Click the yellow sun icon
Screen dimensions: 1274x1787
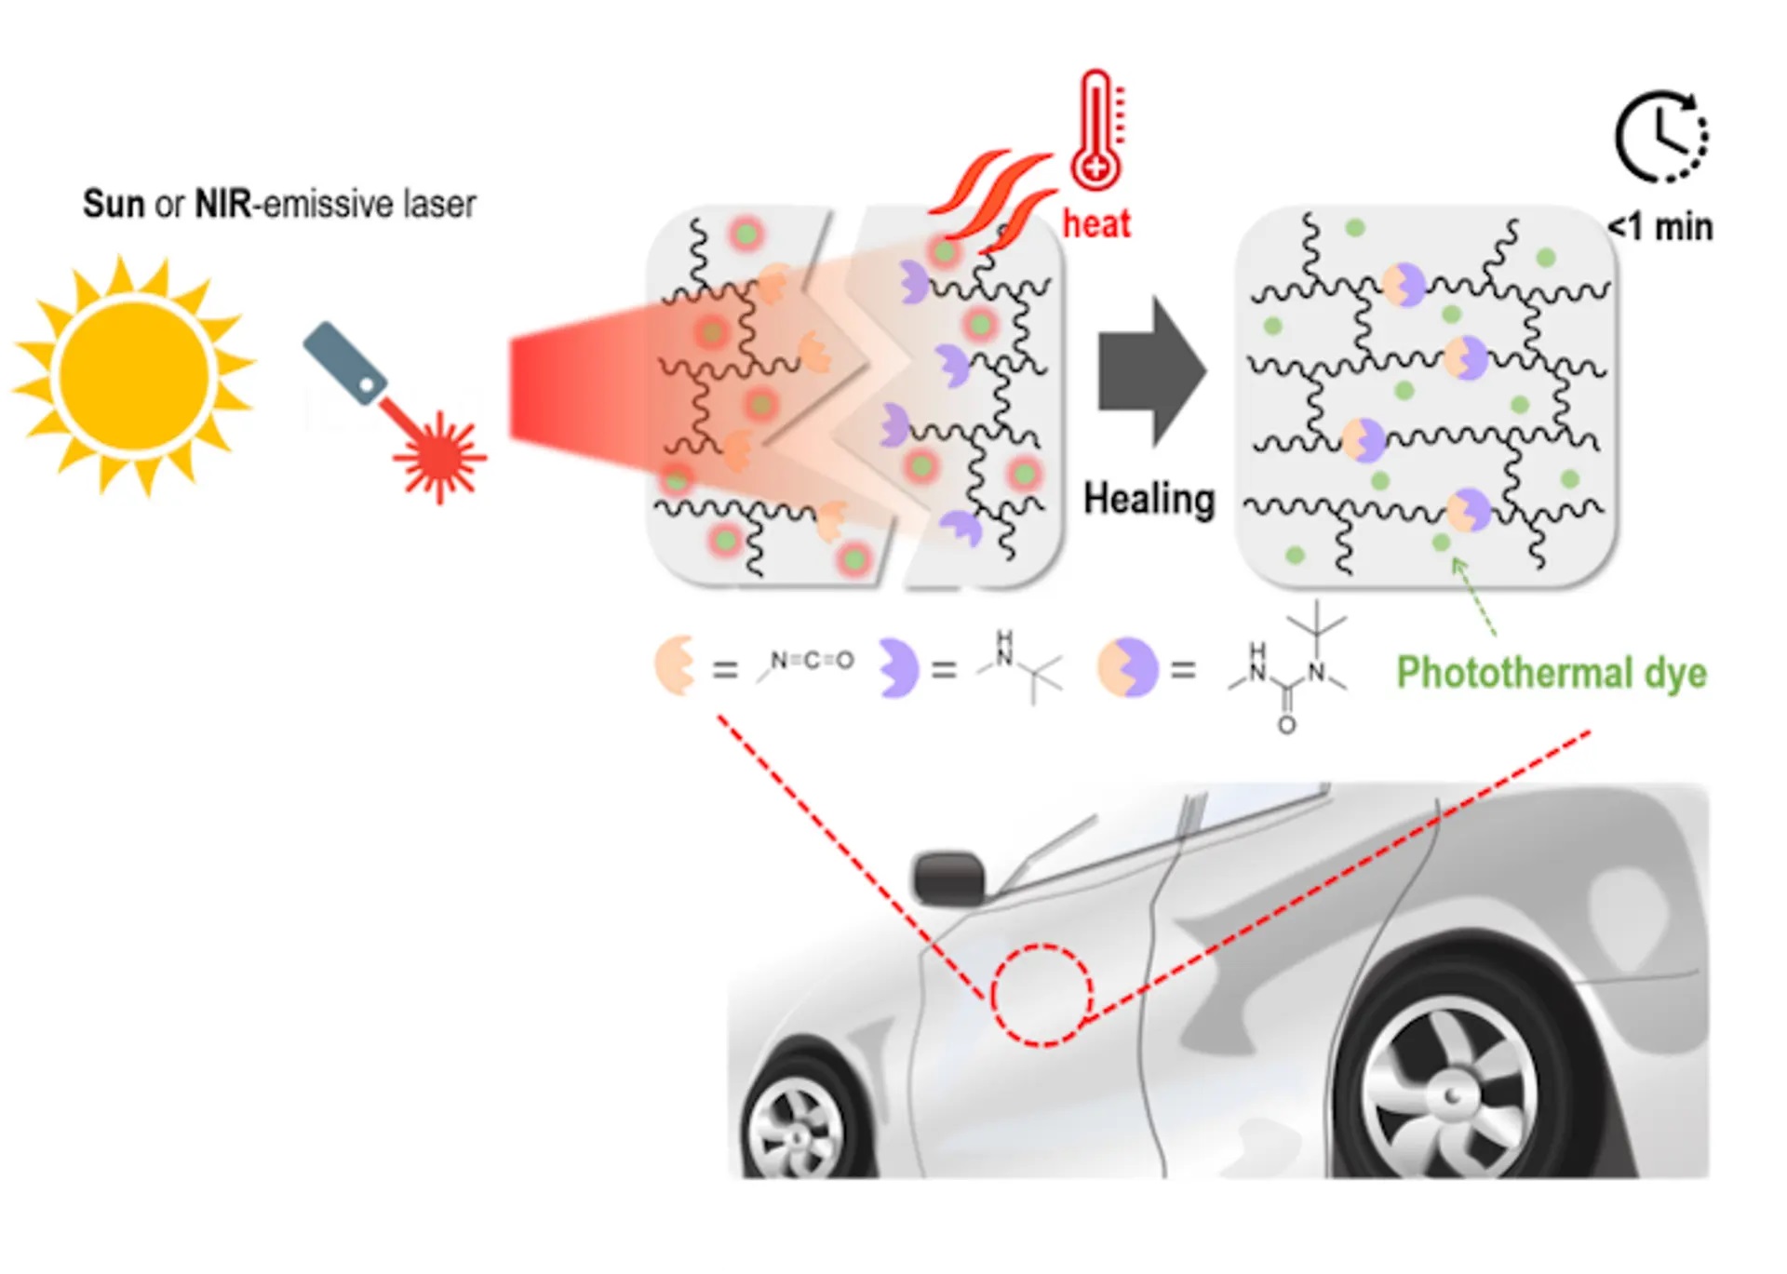point(135,375)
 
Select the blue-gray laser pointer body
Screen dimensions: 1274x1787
point(343,363)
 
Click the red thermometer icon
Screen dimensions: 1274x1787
point(1098,130)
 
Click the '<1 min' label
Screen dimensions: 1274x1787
point(1660,227)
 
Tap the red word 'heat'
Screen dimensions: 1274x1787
point(1096,224)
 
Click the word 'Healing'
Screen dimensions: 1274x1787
point(1149,500)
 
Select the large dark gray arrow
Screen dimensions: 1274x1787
point(1152,371)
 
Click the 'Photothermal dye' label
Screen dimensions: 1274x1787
point(1552,672)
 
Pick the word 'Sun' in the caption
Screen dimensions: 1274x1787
point(114,204)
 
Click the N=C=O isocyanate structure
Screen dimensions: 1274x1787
point(808,663)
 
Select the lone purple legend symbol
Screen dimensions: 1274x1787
point(898,667)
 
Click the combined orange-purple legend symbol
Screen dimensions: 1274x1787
point(1127,667)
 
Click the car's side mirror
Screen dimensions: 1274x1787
point(947,878)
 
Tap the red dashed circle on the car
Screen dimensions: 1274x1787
point(1041,995)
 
